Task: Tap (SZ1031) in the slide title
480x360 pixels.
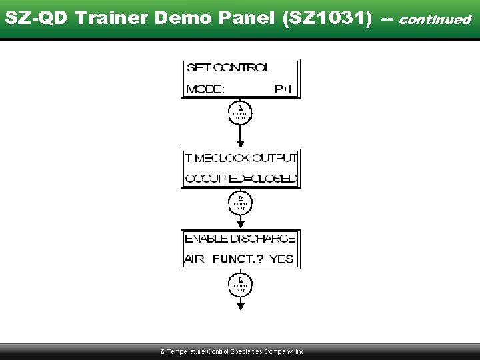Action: [327, 19]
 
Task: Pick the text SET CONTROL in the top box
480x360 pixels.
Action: [229, 67]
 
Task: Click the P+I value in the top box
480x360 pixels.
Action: [283, 89]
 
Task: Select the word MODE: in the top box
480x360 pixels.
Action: [205, 89]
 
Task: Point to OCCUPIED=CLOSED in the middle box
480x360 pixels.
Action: [241, 179]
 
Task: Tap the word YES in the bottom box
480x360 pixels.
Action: [281, 259]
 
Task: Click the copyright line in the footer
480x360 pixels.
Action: [232, 351]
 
